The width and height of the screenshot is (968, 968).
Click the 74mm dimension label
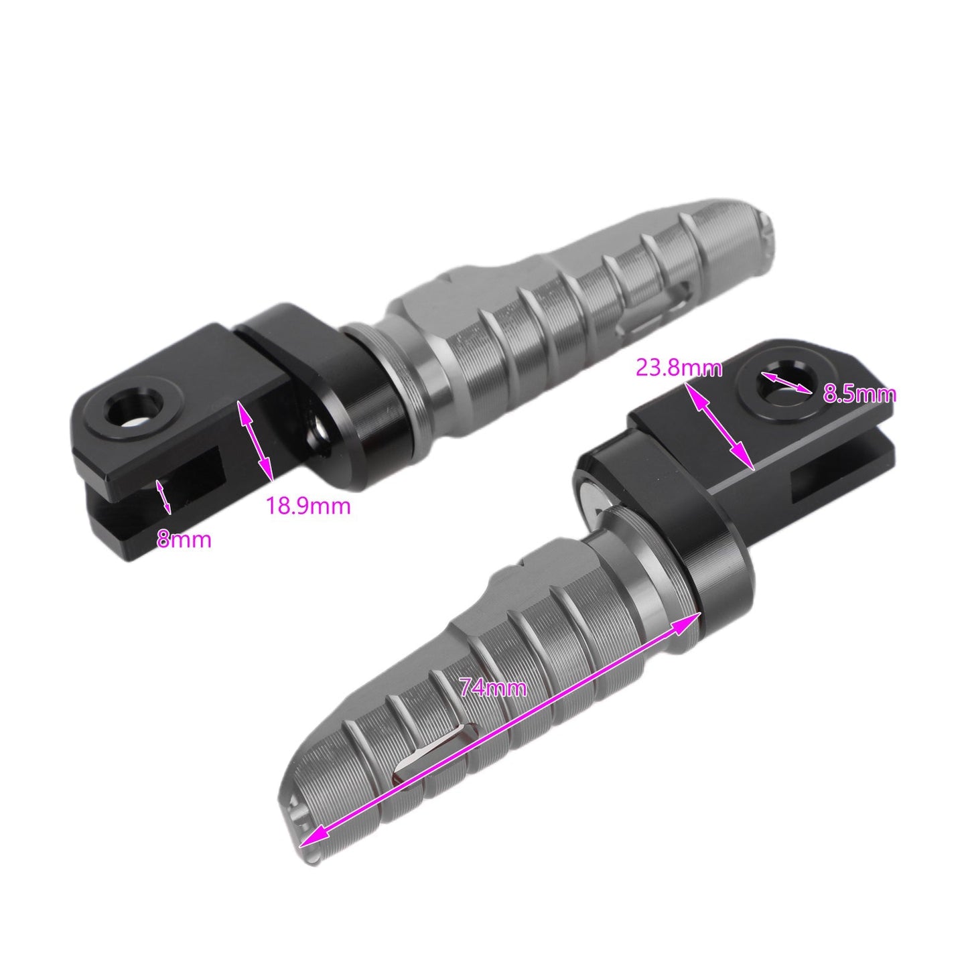(493, 687)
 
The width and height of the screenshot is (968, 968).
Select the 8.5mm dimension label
(859, 394)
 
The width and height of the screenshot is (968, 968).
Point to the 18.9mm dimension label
(308, 506)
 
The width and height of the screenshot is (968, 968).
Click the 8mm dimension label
(184, 539)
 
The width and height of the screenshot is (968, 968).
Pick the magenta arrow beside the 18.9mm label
(256, 440)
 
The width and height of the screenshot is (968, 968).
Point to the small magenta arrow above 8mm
(163, 497)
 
